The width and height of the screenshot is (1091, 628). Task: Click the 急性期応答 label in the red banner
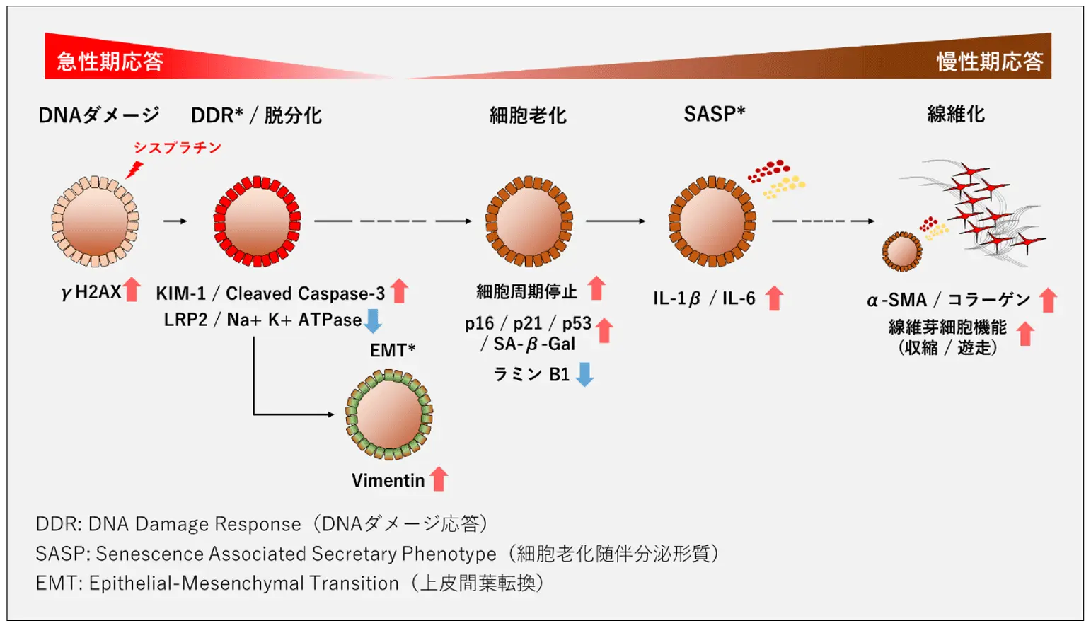110,62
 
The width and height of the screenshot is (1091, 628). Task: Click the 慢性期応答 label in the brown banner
990,62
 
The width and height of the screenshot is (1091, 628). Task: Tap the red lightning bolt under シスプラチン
134,170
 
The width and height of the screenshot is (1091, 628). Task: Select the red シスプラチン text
178,148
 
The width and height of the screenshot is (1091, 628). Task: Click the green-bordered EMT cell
389,414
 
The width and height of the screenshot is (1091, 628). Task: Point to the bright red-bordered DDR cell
257,221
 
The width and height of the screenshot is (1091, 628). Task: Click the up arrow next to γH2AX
132,290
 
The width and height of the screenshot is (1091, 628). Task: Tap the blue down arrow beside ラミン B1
584,374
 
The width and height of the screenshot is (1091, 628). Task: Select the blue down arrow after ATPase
373,320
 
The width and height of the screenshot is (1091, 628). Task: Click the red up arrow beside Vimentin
439,479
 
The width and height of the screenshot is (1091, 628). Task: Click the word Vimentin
388,481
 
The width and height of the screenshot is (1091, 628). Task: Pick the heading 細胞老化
528,115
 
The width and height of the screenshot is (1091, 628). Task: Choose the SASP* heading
714,114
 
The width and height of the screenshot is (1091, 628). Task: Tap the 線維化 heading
956,114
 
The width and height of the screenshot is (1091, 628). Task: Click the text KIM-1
180,293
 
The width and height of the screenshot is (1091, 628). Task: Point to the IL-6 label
739,298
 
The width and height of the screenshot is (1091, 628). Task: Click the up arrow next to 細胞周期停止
596,289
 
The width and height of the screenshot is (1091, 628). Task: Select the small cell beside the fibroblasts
902,251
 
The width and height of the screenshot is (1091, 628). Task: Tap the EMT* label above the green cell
393,350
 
